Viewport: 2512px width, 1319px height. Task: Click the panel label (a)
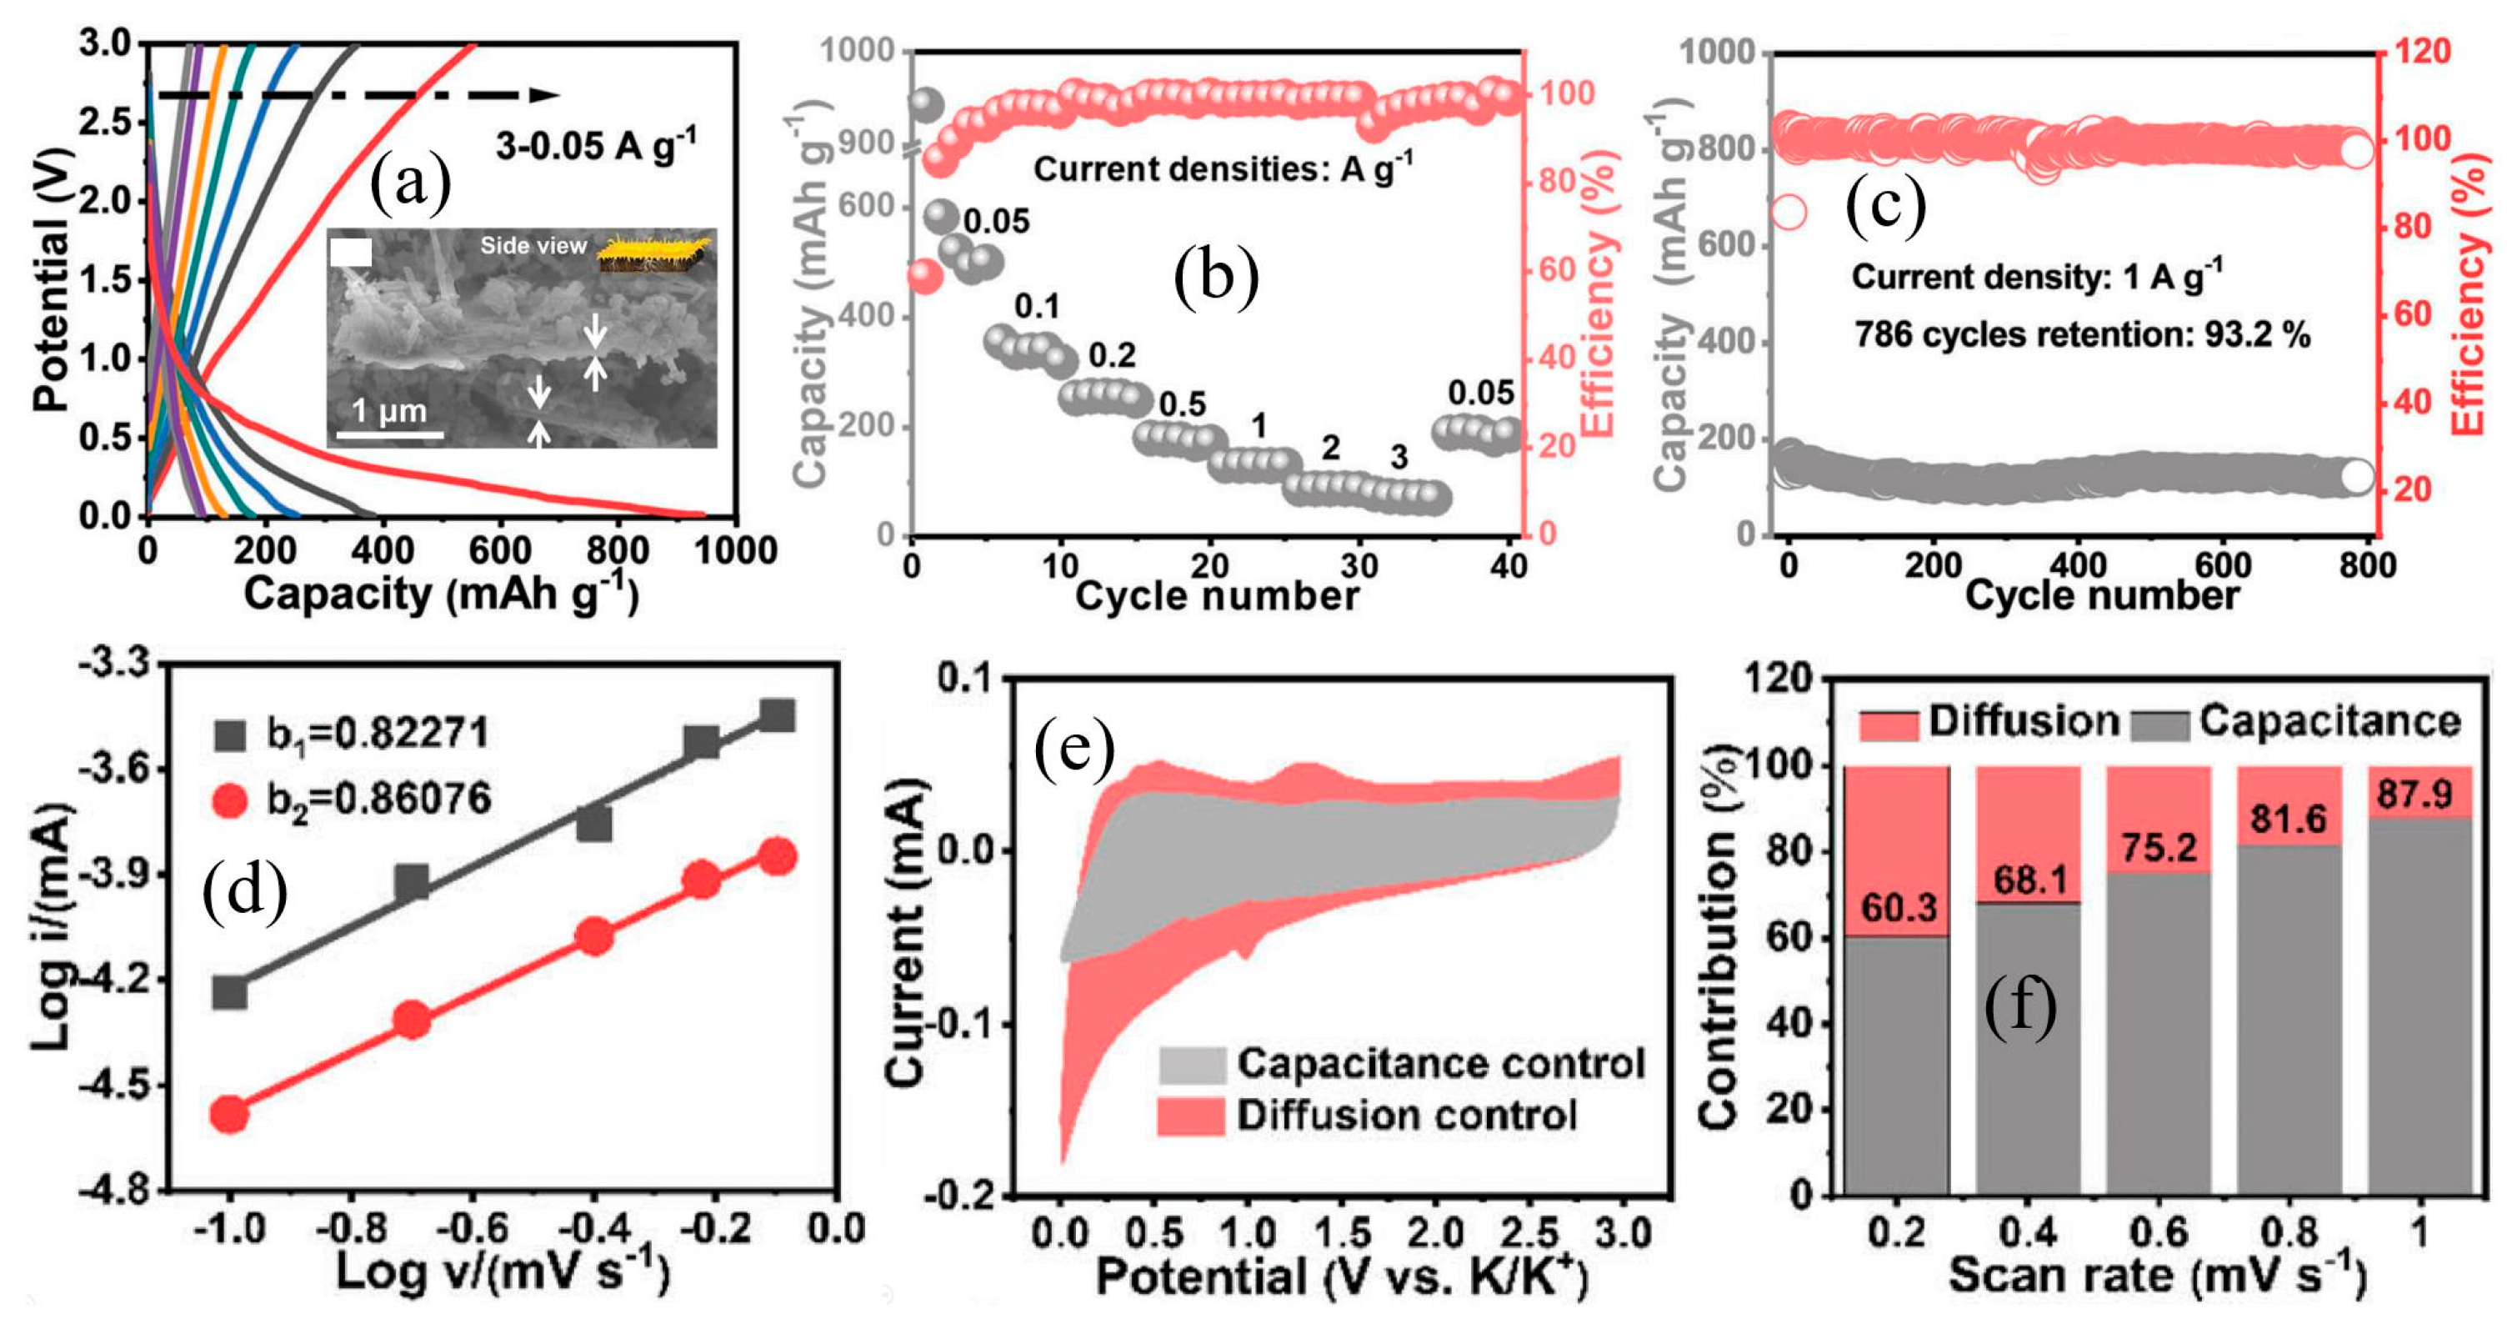tap(411, 183)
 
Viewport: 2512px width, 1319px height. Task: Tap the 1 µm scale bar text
tap(389, 411)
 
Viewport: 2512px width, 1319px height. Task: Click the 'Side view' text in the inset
tap(533, 246)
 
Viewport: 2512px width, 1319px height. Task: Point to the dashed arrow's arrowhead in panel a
tap(545, 95)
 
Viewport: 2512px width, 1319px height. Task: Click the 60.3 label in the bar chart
tap(1898, 908)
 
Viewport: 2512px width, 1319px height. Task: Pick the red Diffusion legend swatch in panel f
tap(1889, 724)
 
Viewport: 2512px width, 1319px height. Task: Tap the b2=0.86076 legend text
tap(378, 799)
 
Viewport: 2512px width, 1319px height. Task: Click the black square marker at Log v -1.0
tap(230, 993)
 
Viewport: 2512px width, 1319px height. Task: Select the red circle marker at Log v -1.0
tap(230, 1114)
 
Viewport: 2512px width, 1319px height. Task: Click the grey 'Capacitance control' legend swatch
tap(1192, 1066)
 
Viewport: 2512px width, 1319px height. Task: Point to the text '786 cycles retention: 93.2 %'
tap(2082, 334)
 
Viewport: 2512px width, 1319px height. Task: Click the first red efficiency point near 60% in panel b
tap(924, 277)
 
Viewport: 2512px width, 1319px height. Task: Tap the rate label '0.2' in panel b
tap(1112, 356)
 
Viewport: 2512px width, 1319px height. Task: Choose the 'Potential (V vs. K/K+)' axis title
tap(1341, 1277)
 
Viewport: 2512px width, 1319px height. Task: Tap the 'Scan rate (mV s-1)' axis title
tap(2156, 1275)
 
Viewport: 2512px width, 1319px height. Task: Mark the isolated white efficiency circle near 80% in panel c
tap(1789, 212)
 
